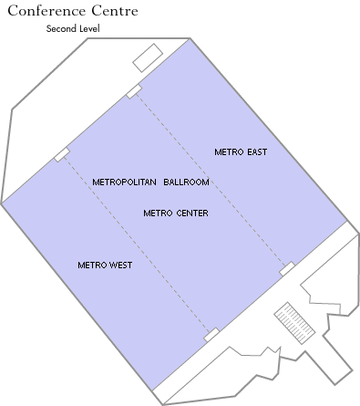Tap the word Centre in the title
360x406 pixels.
[114, 12]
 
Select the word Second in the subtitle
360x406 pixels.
[62, 29]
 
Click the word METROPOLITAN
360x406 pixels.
[124, 182]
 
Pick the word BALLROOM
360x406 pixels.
[187, 182]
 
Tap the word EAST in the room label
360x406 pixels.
[256, 151]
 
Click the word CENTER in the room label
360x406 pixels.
[190, 213]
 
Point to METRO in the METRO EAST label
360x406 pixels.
[228, 151]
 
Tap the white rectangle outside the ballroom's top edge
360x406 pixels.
[146, 57]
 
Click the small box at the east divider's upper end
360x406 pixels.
[134, 90]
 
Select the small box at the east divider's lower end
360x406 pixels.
[287, 268]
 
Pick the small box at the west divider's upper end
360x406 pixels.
[62, 154]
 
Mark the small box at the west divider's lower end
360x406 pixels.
[211, 335]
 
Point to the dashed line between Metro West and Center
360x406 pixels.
[137, 245]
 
